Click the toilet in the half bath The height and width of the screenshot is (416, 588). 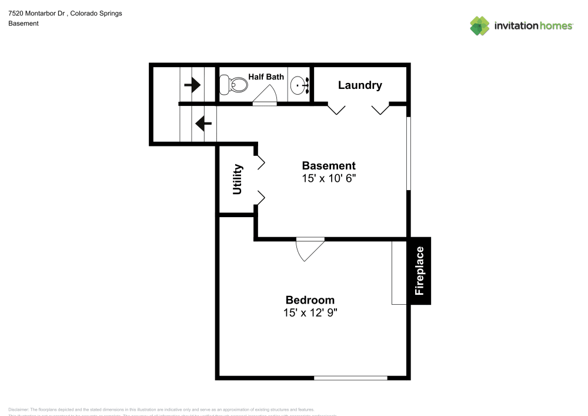[233, 85]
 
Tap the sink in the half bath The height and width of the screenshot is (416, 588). [299, 86]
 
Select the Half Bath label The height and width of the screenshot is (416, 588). [266, 76]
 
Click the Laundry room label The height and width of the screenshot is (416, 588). [360, 85]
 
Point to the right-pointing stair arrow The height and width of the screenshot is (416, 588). [192, 85]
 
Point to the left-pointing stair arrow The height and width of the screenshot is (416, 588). [203, 124]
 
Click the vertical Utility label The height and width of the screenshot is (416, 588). [238, 179]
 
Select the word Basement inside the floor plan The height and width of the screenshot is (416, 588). [329, 166]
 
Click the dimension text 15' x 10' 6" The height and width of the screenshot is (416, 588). [329, 178]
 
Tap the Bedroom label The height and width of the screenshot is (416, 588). [310, 300]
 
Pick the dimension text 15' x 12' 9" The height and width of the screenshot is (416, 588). [310, 313]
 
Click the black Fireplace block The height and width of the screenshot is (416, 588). [420, 271]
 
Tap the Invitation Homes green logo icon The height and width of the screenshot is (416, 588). [480, 25]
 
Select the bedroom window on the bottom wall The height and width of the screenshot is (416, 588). [350, 378]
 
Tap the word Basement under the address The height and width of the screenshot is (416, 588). [24, 24]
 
